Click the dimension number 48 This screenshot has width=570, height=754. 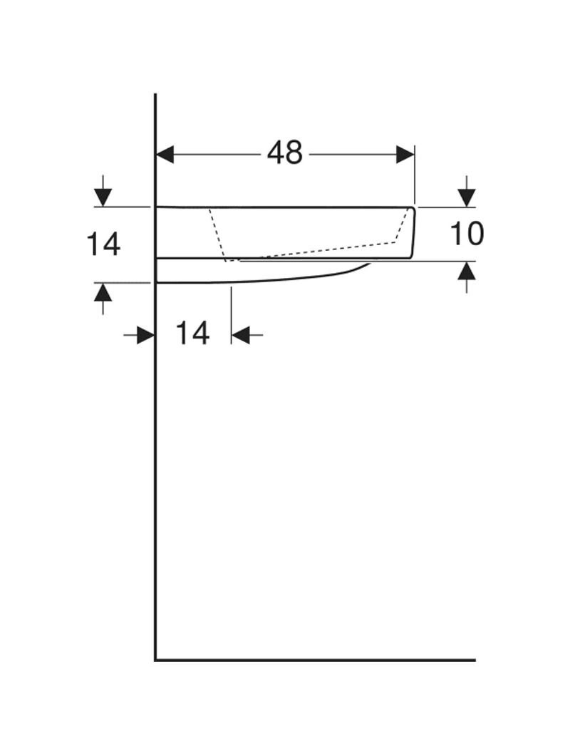coord(285,153)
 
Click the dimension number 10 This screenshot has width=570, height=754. coord(467,234)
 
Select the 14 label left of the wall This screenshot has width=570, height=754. coord(103,244)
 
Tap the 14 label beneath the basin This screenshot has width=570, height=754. coord(192,334)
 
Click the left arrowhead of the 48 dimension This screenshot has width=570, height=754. coord(165,155)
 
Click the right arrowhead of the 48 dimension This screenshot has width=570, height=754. coord(405,155)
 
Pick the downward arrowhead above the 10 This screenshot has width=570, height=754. coord(467,198)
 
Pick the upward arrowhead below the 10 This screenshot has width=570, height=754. coord(467,271)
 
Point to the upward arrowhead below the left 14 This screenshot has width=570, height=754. coord(103,292)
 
